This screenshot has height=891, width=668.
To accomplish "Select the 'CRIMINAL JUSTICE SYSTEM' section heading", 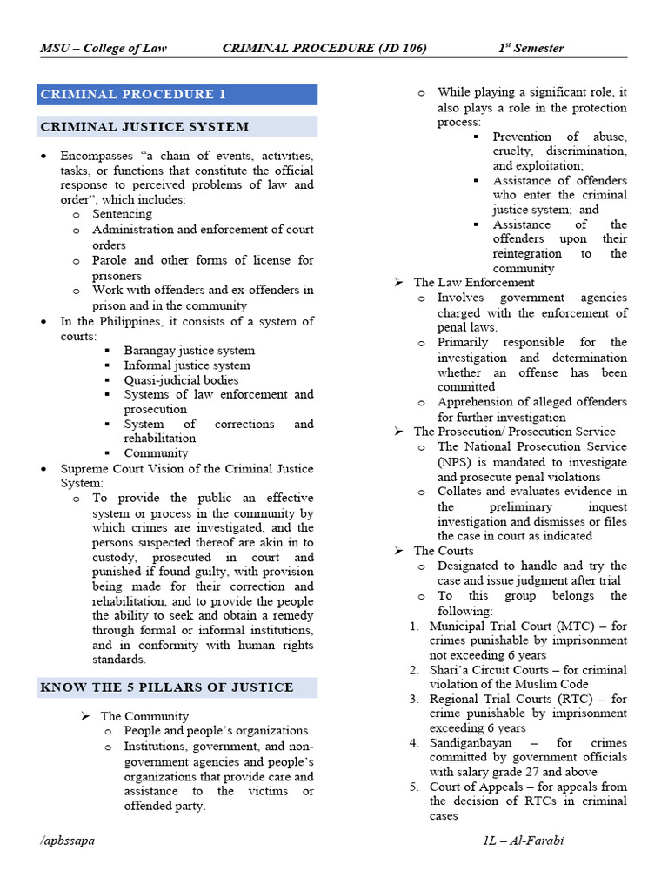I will click(144, 127).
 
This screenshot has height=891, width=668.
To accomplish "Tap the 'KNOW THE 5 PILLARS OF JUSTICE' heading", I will click(166, 687).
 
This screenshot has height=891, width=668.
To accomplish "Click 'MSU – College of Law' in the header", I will click(104, 48).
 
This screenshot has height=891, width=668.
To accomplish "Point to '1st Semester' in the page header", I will click(531, 48).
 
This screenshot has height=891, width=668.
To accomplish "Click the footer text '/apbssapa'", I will click(68, 841).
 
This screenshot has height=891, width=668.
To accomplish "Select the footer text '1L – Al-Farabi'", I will click(524, 841).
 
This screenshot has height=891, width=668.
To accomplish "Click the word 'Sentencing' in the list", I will click(122, 214).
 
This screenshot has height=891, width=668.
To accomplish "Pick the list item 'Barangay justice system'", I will click(189, 351).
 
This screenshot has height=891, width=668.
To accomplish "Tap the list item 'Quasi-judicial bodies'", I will click(181, 380).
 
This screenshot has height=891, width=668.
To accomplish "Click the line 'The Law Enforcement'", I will click(474, 283).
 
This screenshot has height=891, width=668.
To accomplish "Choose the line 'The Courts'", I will click(444, 551).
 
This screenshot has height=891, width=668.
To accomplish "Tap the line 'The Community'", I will click(144, 716).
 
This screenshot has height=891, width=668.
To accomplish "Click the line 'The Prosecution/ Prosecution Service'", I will click(514, 432).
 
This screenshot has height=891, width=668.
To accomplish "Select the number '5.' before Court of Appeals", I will click(415, 787).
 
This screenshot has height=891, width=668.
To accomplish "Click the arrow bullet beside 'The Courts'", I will click(398, 551).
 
